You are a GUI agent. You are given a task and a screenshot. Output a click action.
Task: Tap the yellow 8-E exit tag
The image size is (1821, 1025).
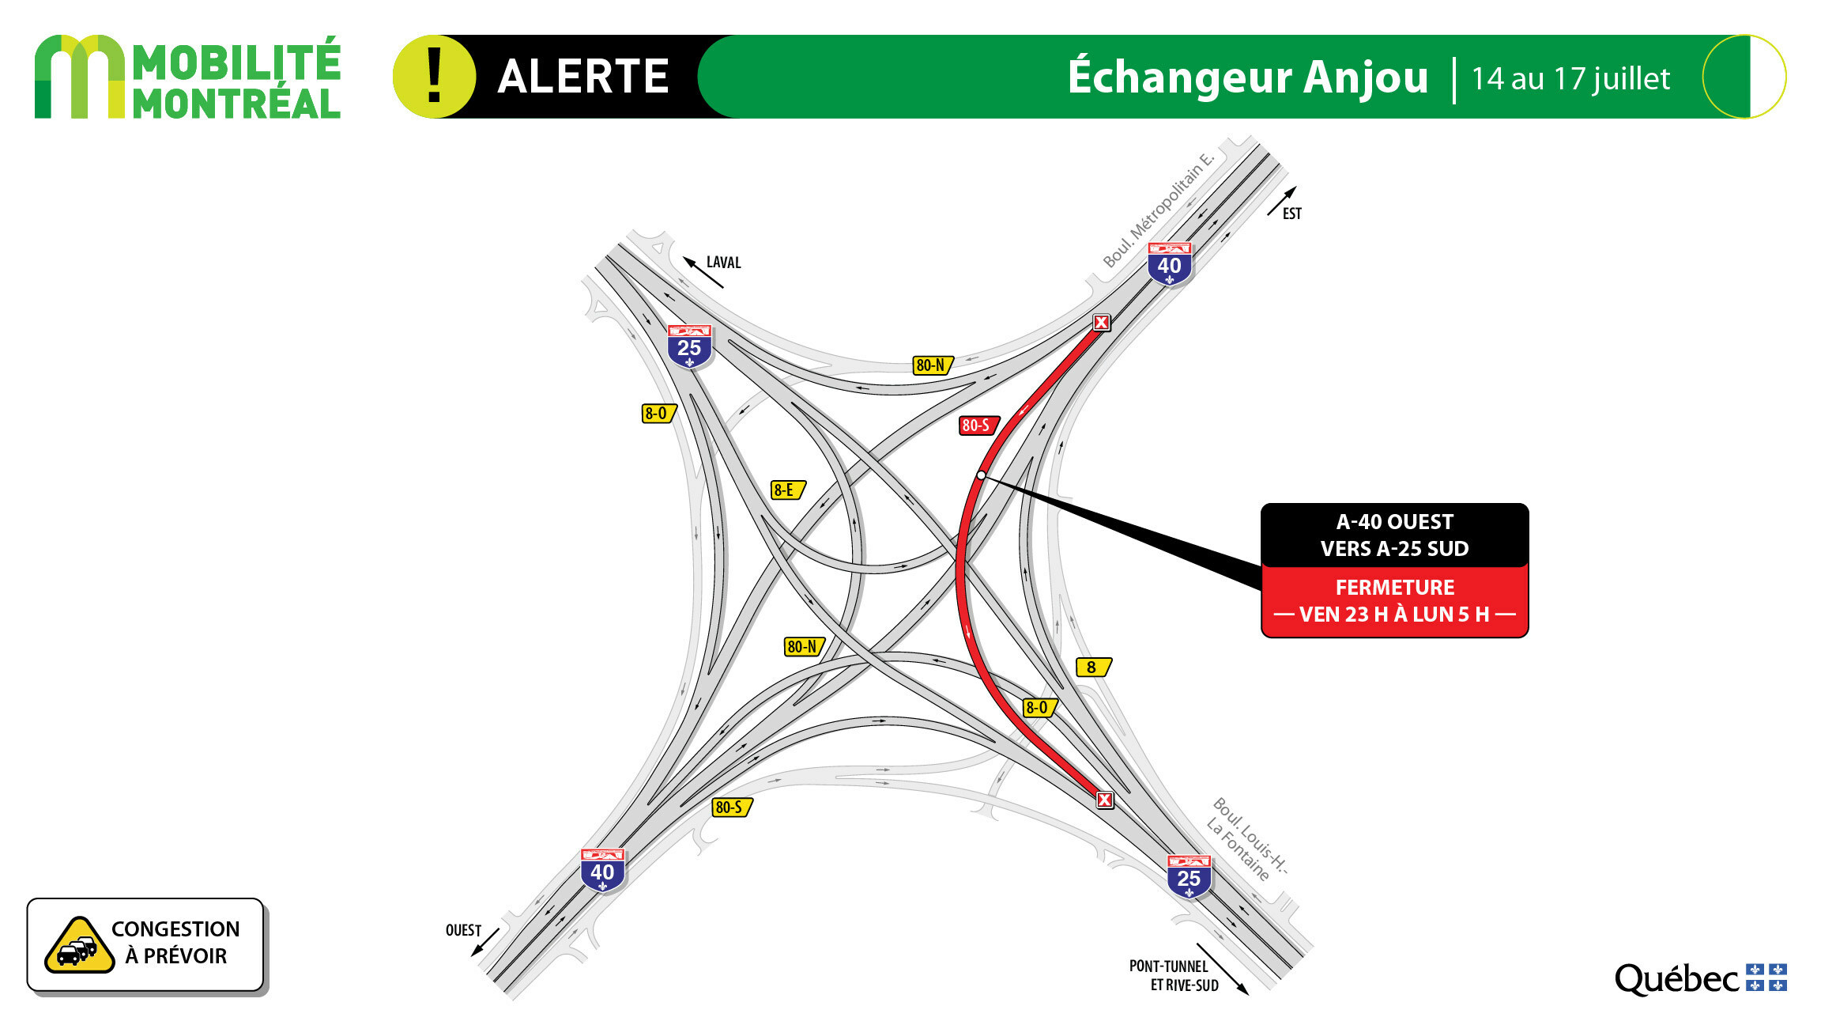(788, 490)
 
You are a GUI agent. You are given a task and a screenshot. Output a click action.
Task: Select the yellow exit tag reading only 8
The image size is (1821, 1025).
(1094, 668)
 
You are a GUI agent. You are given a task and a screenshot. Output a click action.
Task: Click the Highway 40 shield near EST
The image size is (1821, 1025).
(1170, 264)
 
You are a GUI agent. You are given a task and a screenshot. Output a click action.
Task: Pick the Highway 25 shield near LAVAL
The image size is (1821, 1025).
(689, 346)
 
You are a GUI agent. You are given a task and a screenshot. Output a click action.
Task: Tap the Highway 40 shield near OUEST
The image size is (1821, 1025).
(602, 871)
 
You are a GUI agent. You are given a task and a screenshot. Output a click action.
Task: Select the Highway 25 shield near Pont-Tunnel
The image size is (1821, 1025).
(1189, 876)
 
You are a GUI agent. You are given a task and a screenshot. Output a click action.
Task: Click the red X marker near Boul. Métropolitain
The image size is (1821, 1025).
(1102, 323)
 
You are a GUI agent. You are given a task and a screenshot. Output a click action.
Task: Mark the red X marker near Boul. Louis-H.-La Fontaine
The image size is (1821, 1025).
(1105, 800)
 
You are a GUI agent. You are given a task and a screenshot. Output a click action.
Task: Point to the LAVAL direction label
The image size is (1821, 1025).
(723, 263)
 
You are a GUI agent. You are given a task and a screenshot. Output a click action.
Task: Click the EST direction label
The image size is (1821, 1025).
(1291, 214)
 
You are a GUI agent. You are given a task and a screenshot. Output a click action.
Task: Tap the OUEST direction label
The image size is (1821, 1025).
(463, 930)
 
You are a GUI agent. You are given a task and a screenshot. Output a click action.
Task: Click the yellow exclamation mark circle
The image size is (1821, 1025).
(434, 77)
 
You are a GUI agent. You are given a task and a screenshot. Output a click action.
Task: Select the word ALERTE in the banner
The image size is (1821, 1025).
(583, 77)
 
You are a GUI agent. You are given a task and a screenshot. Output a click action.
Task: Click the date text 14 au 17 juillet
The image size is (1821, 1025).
(1570, 79)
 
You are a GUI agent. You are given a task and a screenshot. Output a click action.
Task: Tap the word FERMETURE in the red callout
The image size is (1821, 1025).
(1395, 588)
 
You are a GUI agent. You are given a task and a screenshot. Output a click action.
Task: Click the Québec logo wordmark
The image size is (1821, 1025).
(1676, 979)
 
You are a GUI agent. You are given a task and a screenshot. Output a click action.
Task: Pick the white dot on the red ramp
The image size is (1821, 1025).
(981, 475)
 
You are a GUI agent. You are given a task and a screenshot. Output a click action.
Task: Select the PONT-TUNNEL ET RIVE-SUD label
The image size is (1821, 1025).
(1173, 975)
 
